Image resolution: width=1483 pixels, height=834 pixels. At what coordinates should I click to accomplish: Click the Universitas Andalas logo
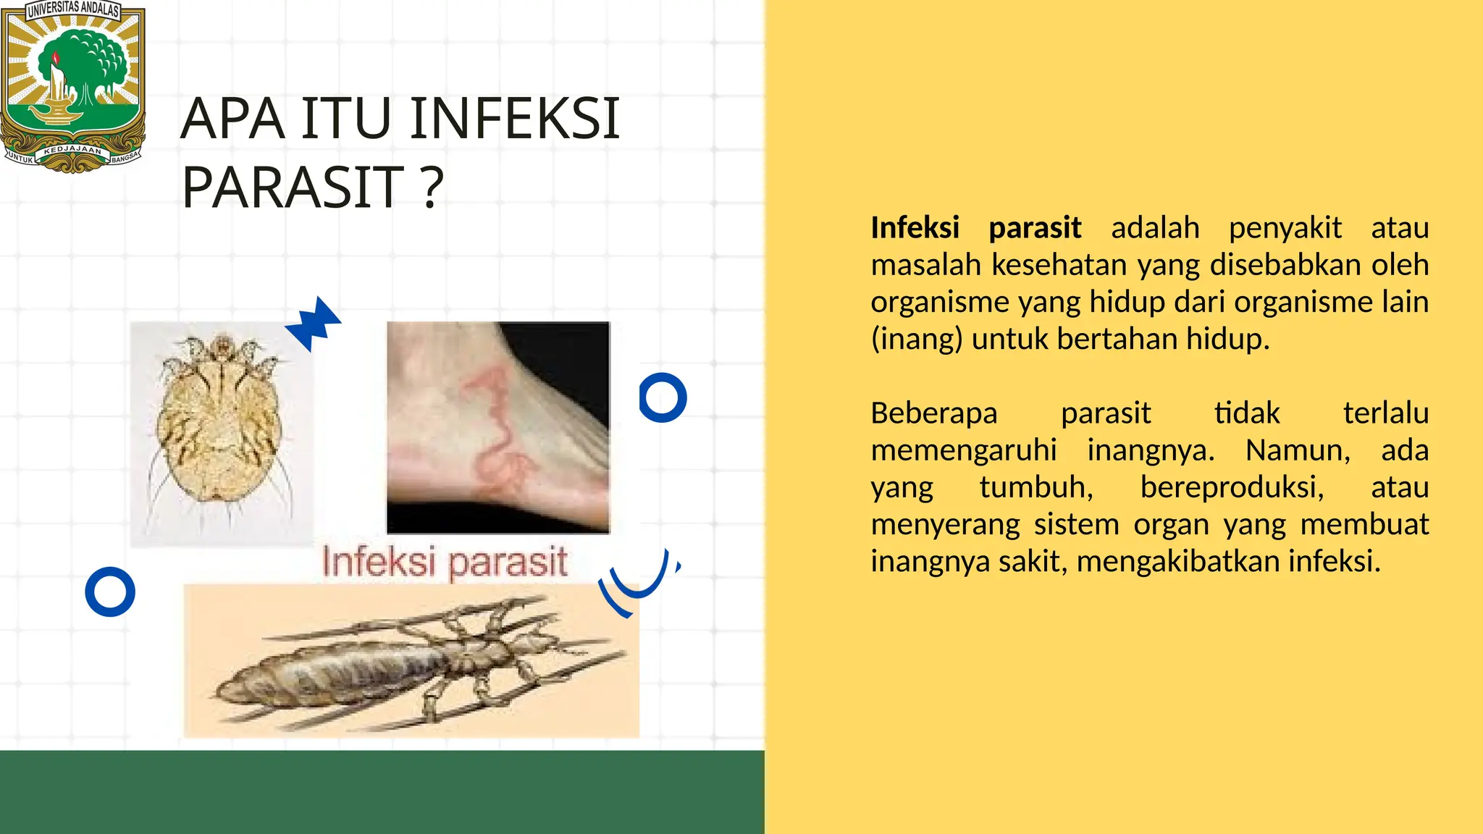[72, 87]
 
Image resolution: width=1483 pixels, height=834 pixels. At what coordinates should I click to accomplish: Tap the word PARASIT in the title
[293, 187]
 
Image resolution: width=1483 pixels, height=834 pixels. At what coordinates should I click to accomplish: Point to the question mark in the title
[432, 187]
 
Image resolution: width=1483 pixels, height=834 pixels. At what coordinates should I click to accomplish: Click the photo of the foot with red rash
[498, 427]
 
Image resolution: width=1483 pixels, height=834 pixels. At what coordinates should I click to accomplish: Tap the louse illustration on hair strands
[411, 660]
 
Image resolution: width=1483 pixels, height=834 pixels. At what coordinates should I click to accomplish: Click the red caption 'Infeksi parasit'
[445, 563]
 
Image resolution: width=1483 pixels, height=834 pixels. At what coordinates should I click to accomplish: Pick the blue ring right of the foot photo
[663, 397]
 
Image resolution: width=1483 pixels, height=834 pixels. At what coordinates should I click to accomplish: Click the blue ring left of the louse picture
[110, 591]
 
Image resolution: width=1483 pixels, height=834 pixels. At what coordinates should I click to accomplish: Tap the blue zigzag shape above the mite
[314, 324]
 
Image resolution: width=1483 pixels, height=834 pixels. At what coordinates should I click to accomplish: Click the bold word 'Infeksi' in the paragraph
[915, 228]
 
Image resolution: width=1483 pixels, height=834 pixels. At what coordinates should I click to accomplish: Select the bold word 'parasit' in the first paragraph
[1035, 228]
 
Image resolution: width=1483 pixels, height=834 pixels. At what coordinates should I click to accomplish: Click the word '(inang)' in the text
[916, 339]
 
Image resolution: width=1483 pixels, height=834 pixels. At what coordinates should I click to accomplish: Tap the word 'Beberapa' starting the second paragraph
[934, 413]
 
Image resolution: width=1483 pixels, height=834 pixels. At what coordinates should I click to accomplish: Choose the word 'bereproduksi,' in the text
[1232, 487]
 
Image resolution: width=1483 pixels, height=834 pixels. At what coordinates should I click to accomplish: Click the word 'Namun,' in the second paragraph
[1298, 450]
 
